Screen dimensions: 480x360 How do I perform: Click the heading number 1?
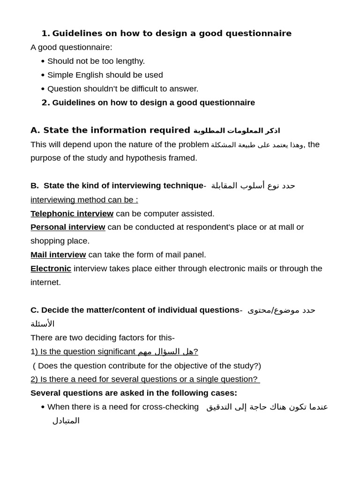(x=45, y=33)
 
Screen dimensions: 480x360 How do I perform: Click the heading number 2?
(x=45, y=103)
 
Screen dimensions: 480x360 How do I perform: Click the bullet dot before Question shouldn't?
(x=43, y=89)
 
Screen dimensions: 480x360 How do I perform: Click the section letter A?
(x=35, y=130)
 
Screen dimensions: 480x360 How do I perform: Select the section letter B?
(x=34, y=186)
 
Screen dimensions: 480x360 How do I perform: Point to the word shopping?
(x=50, y=241)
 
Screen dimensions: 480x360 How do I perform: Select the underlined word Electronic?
(x=51, y=269)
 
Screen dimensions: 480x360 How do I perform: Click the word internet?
(x=45, y=282)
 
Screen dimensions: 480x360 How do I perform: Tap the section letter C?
(x=34, y=310)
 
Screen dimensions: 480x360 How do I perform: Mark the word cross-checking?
(x=171, y=407)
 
